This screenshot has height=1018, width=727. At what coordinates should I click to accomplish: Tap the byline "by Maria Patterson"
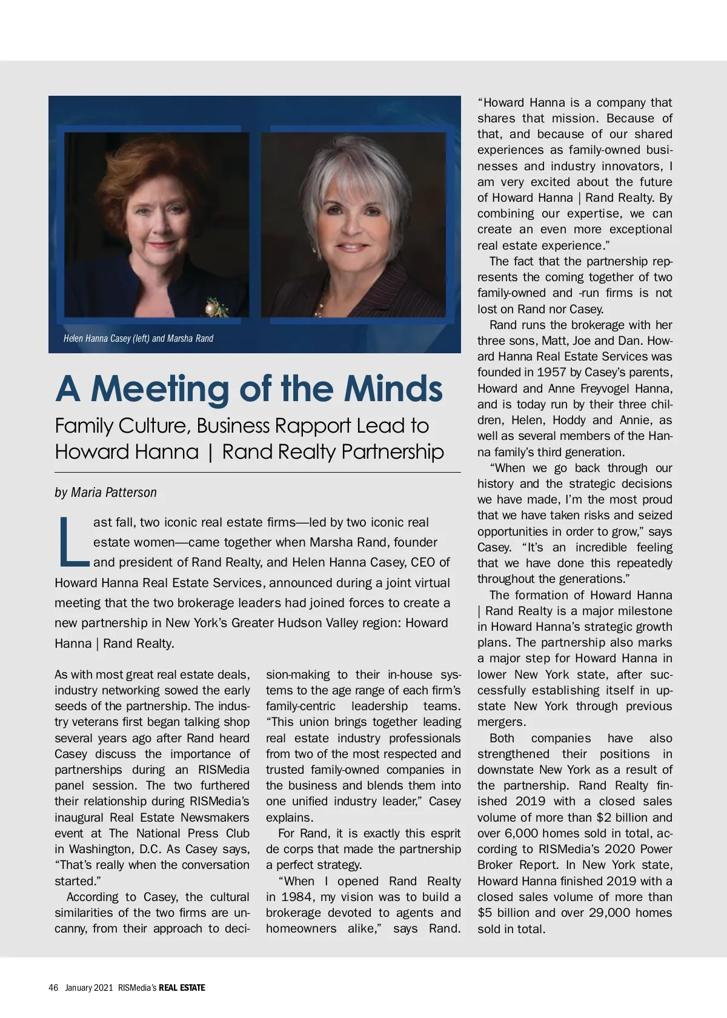click(x=105, y=493)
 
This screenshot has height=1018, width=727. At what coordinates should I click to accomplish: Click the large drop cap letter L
click(x=73, y=541)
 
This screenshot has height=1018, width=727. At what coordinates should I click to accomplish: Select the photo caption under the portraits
click(x=138, y=338)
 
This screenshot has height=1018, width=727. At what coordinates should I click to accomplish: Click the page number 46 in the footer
click(x=53, y=988)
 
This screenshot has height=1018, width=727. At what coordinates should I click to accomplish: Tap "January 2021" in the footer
click(x=89, y=988)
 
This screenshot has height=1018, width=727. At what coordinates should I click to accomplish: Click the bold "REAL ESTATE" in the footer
click(x=182, y=988)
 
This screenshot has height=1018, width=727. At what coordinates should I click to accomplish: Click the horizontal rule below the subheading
click(x=257, y=472)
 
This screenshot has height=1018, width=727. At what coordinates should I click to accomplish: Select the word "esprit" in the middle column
click(x=442, y=833)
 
